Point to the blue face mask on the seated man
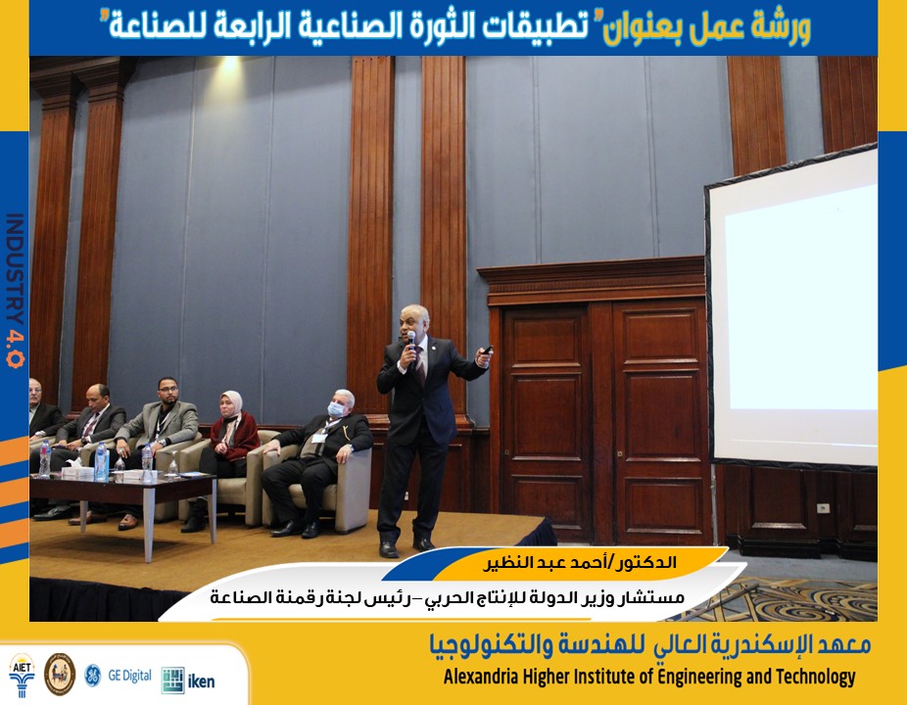coord(336,409)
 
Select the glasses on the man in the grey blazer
coord(167,390)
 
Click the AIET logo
coord(22,675)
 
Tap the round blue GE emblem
coord(92,676)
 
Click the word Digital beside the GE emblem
coord(137,676)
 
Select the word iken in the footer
coord(202,681)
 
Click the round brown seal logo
coord(60,675)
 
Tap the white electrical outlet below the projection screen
coord(823,508)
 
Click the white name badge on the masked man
coord(318,438)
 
